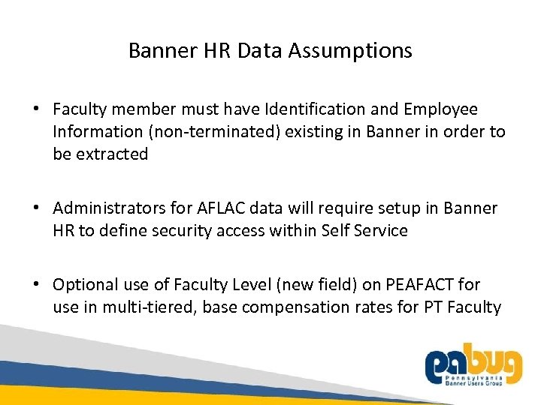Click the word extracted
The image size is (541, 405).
[x=112, y=154]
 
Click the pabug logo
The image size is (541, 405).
[x=473, y=367]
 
